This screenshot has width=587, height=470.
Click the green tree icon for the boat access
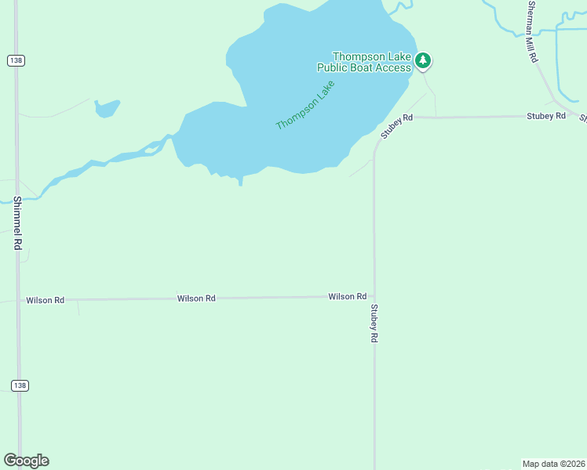(423, 60)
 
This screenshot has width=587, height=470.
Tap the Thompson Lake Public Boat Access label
(371, 62)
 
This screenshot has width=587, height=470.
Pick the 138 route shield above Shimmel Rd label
(16, 60)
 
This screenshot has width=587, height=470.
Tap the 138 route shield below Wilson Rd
(20, 385)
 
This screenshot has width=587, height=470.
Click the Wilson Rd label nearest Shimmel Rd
(45, 300)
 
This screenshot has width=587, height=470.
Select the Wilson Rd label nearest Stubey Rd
(348, 296)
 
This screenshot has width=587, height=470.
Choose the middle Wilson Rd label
(196, 298)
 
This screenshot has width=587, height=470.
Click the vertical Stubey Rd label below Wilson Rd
(374, 324)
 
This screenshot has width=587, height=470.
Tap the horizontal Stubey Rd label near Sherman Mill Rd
(545, 116)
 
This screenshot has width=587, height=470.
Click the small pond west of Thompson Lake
(107, 108)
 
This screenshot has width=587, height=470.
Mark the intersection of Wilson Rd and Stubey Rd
(374, 297)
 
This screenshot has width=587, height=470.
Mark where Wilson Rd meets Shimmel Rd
(18, 300)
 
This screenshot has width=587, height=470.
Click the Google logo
(26, 461)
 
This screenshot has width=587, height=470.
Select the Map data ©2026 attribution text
(553, 464)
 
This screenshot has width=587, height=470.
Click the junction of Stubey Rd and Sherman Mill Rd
(572, 114)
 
